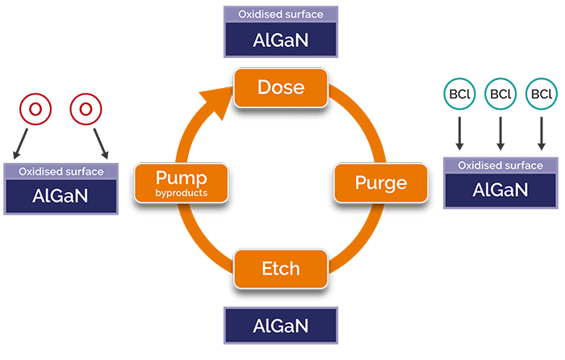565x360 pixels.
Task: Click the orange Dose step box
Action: pos(280,88)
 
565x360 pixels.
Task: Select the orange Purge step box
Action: pos(381,182)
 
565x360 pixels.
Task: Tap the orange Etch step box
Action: pos(280,269)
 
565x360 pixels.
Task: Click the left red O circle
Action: pos(35,109)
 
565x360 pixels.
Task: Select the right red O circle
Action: pos(86,109)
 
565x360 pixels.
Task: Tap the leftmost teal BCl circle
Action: pos(459,94)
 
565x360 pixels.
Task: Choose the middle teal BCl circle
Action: pos(500,94)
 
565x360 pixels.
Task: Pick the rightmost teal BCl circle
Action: pos(542,94)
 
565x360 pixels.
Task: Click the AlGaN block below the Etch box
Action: pos(280,326)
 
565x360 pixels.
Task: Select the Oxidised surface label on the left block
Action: pos(61,171)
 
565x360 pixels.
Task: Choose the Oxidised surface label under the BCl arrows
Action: pos(500,165)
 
